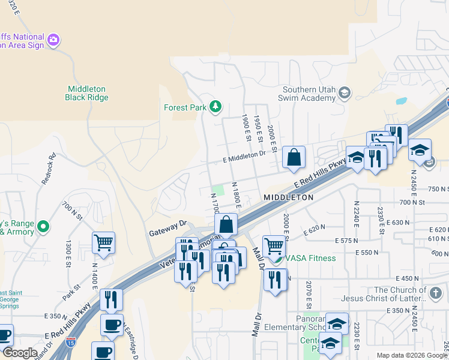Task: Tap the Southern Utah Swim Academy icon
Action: tap(345, 92)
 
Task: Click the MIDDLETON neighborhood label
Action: tap(288, 197)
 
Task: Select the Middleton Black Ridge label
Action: tap(87, 93)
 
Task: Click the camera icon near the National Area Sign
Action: tap(53, 40)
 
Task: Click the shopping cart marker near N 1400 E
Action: tap(103, 242)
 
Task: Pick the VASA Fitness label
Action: tap(310, 258)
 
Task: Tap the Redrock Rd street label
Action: tap(52, 164)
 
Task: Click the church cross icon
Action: tap(436, 293)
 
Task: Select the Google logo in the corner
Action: tap(19, 353)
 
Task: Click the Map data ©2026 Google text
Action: tap(412, 355)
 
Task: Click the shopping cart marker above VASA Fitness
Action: tap(274, 245)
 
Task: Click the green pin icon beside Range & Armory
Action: tap(43, 227)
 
